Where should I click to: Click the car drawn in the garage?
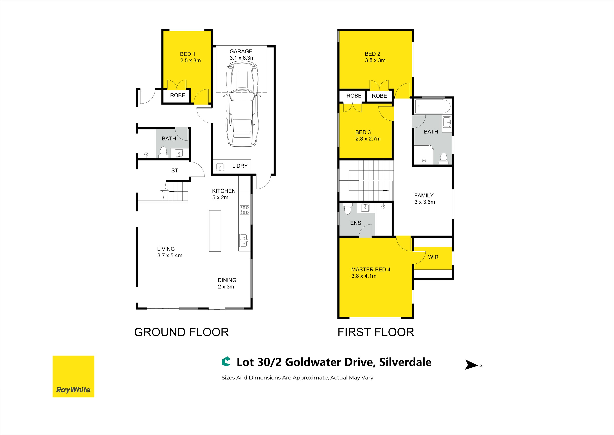coord(243,104)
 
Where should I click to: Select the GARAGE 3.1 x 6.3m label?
coord(242,55)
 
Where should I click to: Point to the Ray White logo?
coord(73,376)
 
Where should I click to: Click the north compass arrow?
coord(472,365)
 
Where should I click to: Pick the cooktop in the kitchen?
coord(245,210)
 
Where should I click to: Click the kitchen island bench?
coord(215,231)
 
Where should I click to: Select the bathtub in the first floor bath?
coord(432,107)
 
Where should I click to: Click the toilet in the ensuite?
coord(348,209)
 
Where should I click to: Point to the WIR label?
coord(433,257)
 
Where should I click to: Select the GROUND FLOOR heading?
coord(181,332)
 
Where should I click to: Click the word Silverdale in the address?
coord(405,362)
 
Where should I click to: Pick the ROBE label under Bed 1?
coord(178,95)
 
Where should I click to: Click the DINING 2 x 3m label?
coord(227,283)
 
